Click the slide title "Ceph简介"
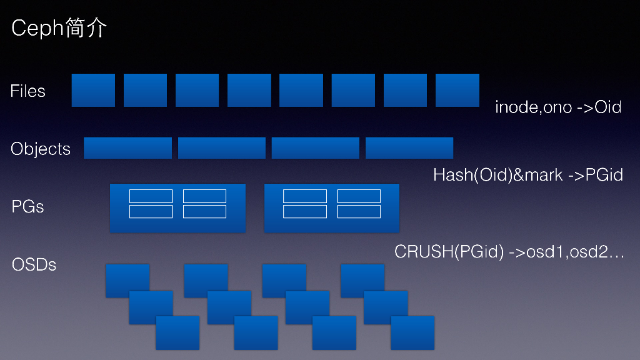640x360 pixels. (59, 29)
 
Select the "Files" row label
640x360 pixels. (28, 91)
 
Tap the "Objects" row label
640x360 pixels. (41, 149)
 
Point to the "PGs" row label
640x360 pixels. (28, 206)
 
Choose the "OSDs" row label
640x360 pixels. (34, 264)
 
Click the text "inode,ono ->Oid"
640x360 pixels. (558, 107)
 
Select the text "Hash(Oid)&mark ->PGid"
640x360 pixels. (528, 175)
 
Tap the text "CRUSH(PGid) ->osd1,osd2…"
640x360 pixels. (509, 252)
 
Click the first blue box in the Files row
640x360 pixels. (93, 90)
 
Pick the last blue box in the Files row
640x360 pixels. (457, 90)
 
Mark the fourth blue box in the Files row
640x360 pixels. (249, 90)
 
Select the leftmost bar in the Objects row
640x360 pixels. (127, 148)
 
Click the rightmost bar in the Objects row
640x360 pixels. (409, 148)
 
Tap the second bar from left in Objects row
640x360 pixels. (222, 148)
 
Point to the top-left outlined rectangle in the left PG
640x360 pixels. (151, 196)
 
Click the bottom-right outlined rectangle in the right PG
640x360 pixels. (359, 212)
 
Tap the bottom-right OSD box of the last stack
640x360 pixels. (412, 332)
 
